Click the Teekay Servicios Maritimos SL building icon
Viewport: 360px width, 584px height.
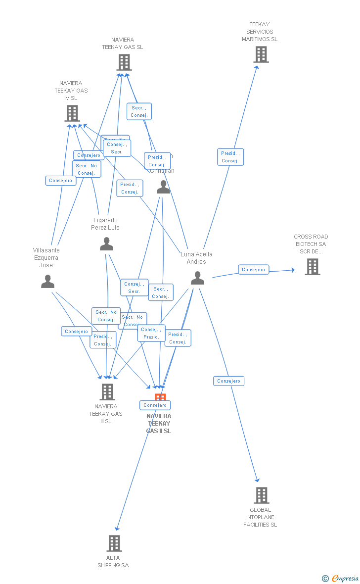click(261, 54)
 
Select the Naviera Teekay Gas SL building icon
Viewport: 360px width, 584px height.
click(124, 62)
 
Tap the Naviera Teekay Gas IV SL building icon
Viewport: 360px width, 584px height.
click(72, 113)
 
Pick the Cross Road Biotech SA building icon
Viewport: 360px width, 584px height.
click(312, 267)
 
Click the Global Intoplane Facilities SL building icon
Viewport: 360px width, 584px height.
click(261, 495)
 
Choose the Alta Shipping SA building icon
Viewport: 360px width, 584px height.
click(114, 543)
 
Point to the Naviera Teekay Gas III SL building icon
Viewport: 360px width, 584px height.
click(107, 391)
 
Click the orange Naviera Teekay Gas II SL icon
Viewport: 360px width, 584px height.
click(160, 397)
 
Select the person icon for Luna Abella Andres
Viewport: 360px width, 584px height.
click(197, 278)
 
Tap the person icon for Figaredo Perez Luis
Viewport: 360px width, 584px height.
click(106, 244)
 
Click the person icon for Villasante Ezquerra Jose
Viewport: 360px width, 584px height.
click(47, 282)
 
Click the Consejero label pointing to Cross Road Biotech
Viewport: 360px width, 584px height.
click(254, 270)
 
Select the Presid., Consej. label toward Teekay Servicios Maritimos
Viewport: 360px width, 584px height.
click(230, 157)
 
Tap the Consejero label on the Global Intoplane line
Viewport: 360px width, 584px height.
click(228, 381)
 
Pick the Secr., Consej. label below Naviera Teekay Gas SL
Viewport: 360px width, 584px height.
click(139, 111)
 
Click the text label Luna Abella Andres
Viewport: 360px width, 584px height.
click(196, 258)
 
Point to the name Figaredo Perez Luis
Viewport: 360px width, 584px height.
click(105, 224)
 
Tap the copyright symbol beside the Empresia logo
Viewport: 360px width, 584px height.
click(325, 578)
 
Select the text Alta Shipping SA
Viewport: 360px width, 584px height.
click(113, 561)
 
